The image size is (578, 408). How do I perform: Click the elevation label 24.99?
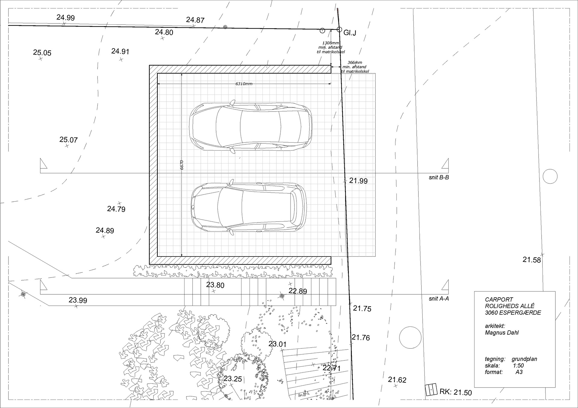point(66,18)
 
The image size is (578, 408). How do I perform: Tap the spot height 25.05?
point(42,53)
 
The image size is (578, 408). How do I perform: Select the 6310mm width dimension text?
point(244,84)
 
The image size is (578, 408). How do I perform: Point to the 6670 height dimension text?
point(182,165)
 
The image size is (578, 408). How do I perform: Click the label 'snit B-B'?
point(439,178)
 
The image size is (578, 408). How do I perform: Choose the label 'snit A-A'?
point(439,299)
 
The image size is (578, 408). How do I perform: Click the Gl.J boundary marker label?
point(350,33)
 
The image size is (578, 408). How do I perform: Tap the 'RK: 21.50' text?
point(456,392)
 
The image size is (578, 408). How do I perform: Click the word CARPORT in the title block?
point(499,300)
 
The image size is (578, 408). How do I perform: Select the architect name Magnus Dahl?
point(502,333)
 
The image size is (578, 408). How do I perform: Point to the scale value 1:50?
point(518,366)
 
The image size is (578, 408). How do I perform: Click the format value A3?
point(519,372)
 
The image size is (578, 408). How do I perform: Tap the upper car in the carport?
point(251,127)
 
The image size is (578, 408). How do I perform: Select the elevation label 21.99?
point(359,181)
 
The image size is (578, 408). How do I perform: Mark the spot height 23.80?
point(215,285)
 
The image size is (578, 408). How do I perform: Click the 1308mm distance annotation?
point(331,43)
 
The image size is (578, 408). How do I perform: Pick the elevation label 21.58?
point(532,260)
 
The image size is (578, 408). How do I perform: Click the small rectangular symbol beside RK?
point(431,390)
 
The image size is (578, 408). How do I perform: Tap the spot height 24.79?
point(116,209)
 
